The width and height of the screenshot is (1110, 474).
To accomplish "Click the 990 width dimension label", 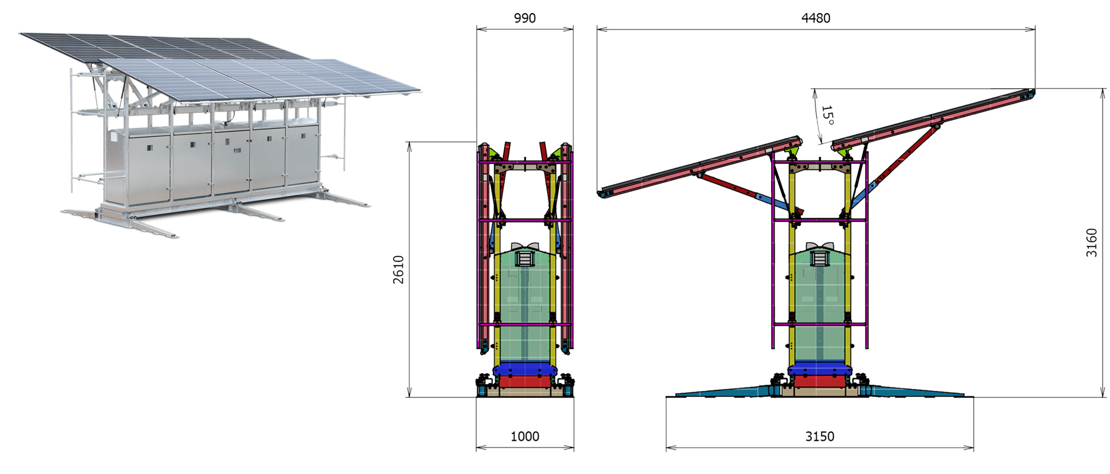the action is coord(525,18).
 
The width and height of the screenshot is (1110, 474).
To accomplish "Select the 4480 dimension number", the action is coord(816,18).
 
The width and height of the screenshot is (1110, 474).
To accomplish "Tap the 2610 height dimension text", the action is coord(399,270).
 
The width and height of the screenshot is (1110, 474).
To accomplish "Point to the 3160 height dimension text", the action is coord(1092,242).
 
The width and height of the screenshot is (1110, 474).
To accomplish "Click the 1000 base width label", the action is coord(525,437).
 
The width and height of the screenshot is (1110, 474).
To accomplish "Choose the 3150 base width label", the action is coord(820,437).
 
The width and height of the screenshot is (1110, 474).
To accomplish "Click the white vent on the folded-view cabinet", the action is coord(525,258).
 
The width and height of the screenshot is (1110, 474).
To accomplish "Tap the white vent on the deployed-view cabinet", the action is coord(820,258).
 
